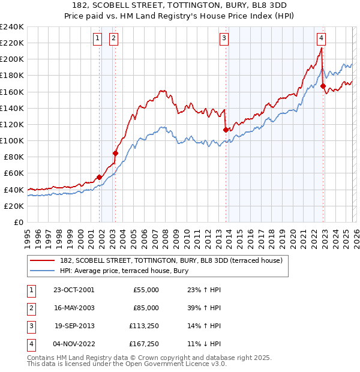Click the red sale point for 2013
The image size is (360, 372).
click(226, 130)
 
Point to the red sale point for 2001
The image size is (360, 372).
click(100, 177)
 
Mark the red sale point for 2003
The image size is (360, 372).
click(116, 153)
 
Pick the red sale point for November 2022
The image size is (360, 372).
click(323, 86)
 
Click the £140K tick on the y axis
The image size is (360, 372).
click(12, 108)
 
